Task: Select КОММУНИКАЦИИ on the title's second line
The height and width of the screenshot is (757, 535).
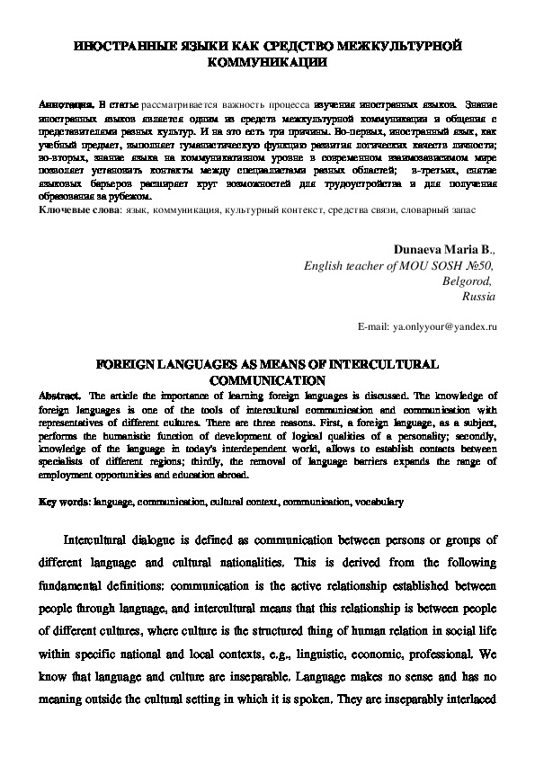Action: [x=267, y=63]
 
